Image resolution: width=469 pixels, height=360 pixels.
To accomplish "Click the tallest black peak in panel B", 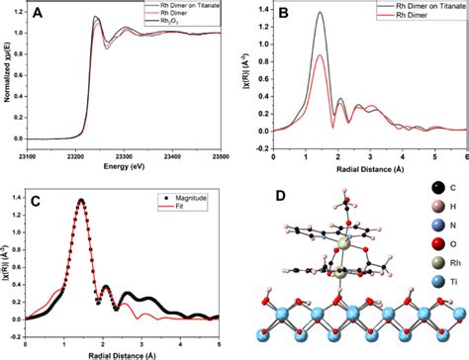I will point(320,13).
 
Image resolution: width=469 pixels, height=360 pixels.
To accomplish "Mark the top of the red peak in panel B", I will point(320,56).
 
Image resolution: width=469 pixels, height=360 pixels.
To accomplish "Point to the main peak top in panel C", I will point(81,201).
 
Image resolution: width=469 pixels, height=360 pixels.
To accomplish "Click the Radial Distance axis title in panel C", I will point(127,354).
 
